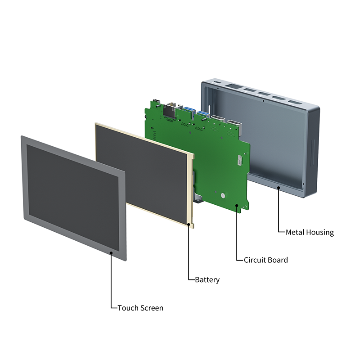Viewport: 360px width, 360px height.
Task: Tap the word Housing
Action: (x=320, y=233)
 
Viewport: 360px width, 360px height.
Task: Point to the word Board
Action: (x=278, y=260)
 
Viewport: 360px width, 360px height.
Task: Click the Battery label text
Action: (x=207, y=280)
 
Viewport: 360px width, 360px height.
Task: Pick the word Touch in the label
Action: (x=128, y=308)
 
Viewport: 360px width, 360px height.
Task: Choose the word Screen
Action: (x=152, y=308)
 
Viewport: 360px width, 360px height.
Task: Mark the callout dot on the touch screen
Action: (x=112, y=253)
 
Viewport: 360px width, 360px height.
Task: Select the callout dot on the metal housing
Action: (x=279, y=186)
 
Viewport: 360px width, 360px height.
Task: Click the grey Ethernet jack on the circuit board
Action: (x=170, y=109)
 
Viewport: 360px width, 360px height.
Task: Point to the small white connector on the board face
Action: (x=239, y=160)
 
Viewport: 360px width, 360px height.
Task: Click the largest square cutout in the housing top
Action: (x=234, y=87)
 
